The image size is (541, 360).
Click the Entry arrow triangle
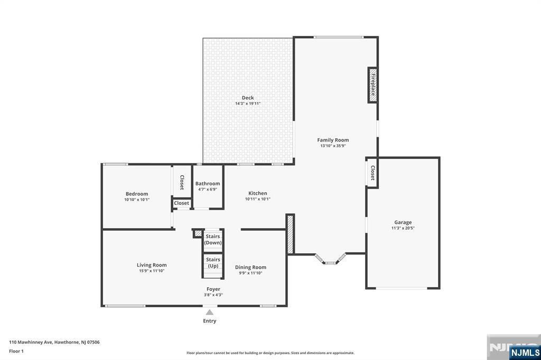click(x=209, y=312)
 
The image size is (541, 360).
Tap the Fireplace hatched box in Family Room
click(x=372, y=85)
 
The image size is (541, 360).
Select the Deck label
click(x=248, y=98)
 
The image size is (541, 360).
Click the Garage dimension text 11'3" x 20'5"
click(x=403, y=228)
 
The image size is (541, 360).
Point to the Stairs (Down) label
click(x=213, y=239)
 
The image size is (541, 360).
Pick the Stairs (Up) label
click(x=213, y=262)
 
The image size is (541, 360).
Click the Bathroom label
click(x=207, y=184)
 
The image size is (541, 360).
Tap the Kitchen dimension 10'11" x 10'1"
click(x=258, y=199)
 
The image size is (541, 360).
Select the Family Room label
click(x=333, y=140)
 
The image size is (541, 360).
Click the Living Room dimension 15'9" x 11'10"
click(x=152, y=271)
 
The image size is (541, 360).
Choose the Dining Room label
click(x=250, y=267)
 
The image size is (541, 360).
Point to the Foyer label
click(x=213, y=289)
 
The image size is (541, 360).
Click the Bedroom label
click(x=137, y=194)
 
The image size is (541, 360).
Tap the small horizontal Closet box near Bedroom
click(x=182, y=203)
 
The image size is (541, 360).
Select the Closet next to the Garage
click(x=372, y=173)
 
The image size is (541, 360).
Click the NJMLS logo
click(x=525, y=352)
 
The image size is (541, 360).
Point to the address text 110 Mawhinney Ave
click(x=31, y=342)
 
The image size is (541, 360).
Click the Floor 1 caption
click(x=16, y=351)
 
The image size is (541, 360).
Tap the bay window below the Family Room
click(x=330, y=259)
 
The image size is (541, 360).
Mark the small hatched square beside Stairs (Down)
click(x=198, y=233)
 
